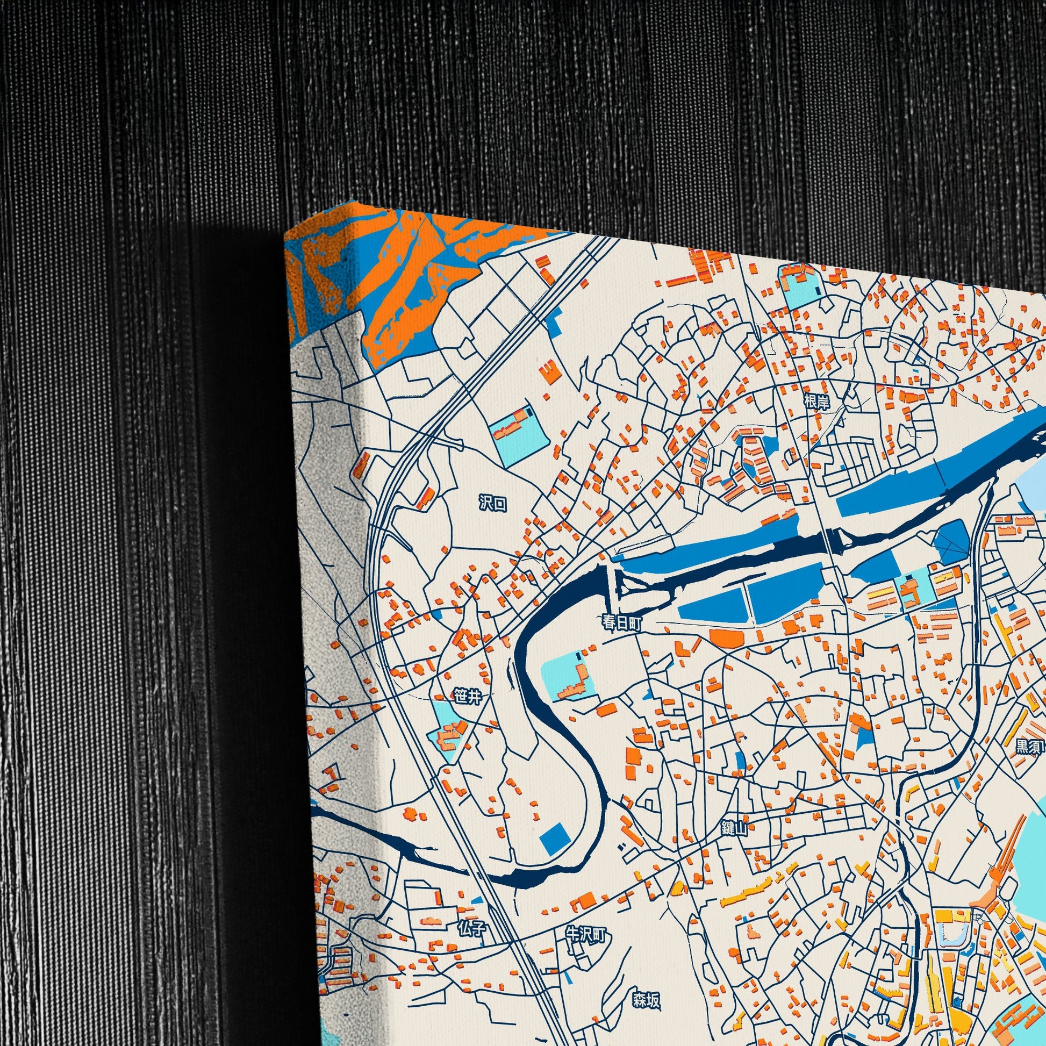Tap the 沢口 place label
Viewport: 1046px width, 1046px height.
pyautogui.click(x=493, y=504)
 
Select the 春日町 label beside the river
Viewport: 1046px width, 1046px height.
pyautogui.click(x=622, y=623)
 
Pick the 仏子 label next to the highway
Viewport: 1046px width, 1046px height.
pyautogui.click(x=471, y=930)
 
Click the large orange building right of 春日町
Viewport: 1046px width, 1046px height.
pyautogui.click(x=726, y=638)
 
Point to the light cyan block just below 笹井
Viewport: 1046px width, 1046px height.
pyautogui.click(x=447, y=726)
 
